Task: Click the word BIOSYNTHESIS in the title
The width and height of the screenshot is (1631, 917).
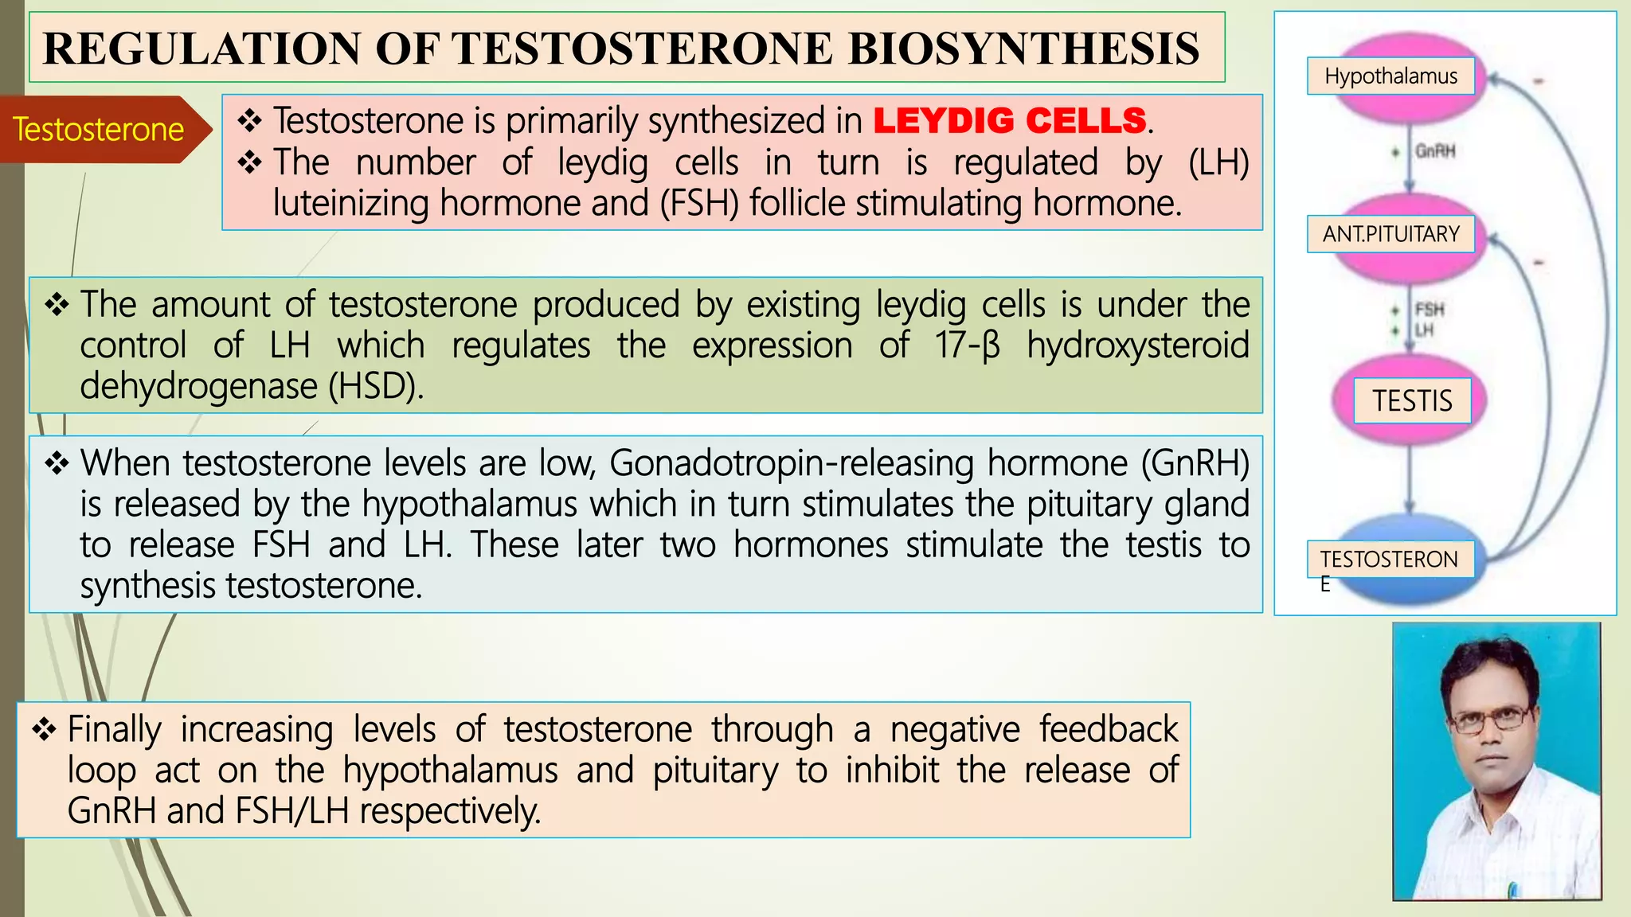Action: point(1023,49)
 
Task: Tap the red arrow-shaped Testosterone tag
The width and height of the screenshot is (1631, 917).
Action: point(99,130)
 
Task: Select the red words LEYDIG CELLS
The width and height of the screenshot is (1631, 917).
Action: point(1009,121)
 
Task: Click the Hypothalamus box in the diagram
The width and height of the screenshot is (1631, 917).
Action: point(1390,76)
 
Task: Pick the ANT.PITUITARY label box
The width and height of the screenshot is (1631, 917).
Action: point(1390,234)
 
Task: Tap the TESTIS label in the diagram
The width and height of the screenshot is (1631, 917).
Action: point(1412,400)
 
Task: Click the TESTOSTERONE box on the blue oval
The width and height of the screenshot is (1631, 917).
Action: point(1390,560)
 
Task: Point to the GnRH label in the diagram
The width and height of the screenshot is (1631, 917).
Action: point(1435,151)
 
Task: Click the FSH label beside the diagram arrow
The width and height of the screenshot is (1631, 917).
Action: point(1430,310)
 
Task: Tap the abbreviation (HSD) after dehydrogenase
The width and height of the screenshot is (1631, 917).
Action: point(375,387)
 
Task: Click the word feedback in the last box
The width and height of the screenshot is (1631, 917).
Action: point(1108,730)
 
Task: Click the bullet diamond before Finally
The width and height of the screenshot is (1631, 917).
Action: point(44,729)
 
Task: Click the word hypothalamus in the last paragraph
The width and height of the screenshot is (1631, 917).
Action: point(451,771)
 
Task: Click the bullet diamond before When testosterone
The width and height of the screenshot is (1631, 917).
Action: point(57,463)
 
